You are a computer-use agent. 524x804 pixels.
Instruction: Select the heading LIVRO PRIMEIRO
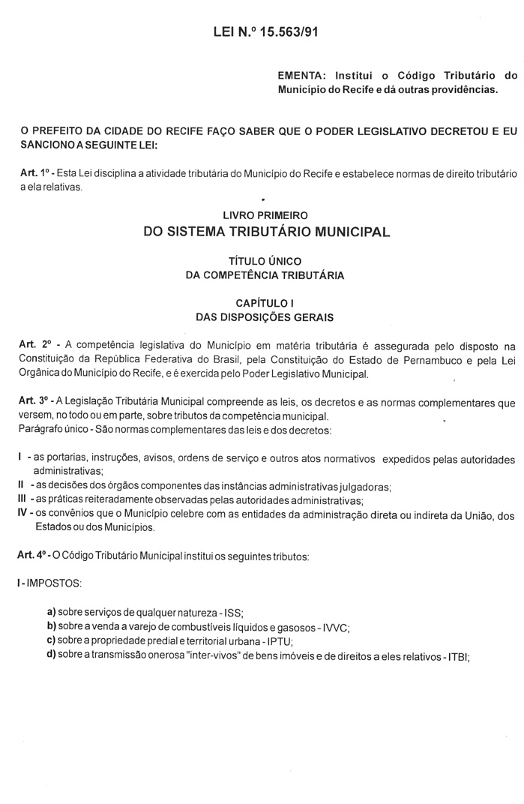[265, 214]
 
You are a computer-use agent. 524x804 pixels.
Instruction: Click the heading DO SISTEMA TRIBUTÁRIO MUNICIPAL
[266, 232]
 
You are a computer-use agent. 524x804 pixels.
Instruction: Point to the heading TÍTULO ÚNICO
[265, 261]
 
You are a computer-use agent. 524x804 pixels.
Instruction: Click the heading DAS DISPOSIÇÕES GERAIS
[265, 316]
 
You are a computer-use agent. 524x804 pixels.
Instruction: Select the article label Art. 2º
[36, 344]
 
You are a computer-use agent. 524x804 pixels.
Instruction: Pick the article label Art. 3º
[35, 402]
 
